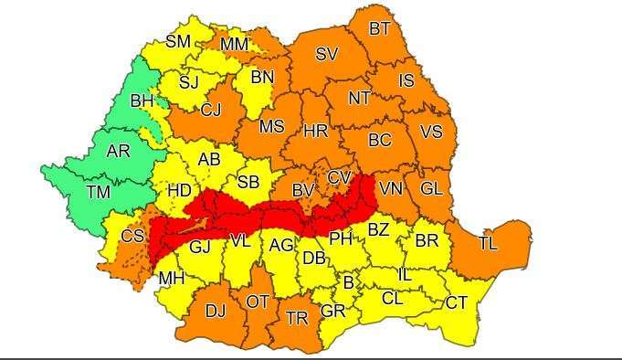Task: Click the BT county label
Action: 379,29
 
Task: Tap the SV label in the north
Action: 326,55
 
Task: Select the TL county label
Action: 489,244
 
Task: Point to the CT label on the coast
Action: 457,303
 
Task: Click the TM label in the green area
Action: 98,192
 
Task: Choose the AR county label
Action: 118,152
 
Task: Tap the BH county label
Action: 142,101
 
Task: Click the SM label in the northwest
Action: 178,41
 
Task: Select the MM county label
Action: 234,44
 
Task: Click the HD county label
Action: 179,191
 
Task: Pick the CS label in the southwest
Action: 132,237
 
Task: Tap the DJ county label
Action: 215,312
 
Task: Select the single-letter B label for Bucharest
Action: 347,284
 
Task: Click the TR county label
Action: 297,318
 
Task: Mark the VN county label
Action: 391,189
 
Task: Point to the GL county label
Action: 431,188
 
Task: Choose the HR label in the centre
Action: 315,132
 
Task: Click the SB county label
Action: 248,183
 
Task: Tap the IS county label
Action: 406,81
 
